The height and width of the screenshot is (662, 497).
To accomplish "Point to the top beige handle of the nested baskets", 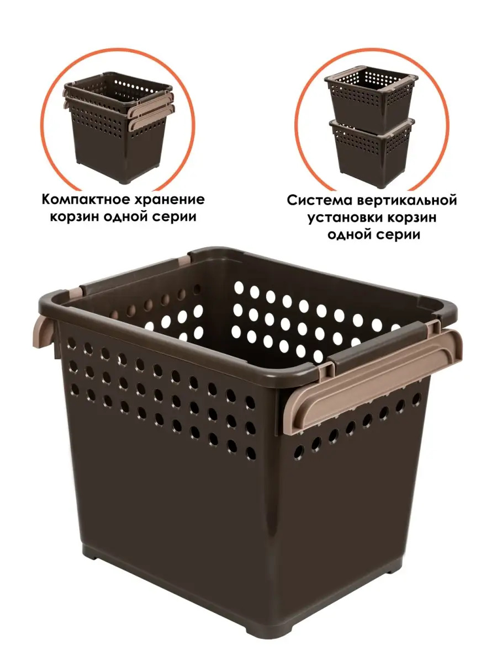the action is point(151,105).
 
